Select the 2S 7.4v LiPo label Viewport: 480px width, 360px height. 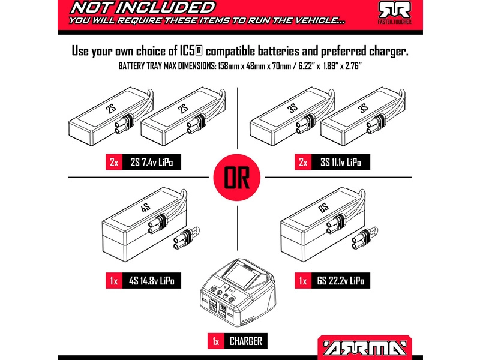click(151, 162)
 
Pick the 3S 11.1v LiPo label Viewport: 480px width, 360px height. click(340, 162)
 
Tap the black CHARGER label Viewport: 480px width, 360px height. click(245, 341)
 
